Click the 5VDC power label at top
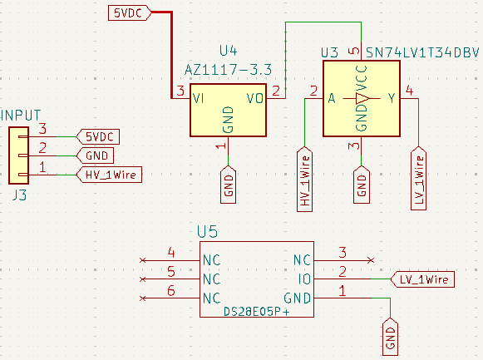point(128,12)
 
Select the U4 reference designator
point(229,51)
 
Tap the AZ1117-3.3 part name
point(228,67)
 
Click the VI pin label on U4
point(200,98)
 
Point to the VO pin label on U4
point(256,98)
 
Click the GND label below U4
point(229,183)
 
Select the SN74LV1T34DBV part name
point(422,52)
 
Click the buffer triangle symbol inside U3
point(359,98)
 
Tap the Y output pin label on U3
point(391,98)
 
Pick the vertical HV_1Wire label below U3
point(304,180)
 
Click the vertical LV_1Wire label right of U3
point(419,180)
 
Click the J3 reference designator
point(20,196)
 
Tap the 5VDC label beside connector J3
point(99,136)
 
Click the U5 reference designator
point(207,232)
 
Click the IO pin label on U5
point(304,279)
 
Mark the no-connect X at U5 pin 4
point(143,260)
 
